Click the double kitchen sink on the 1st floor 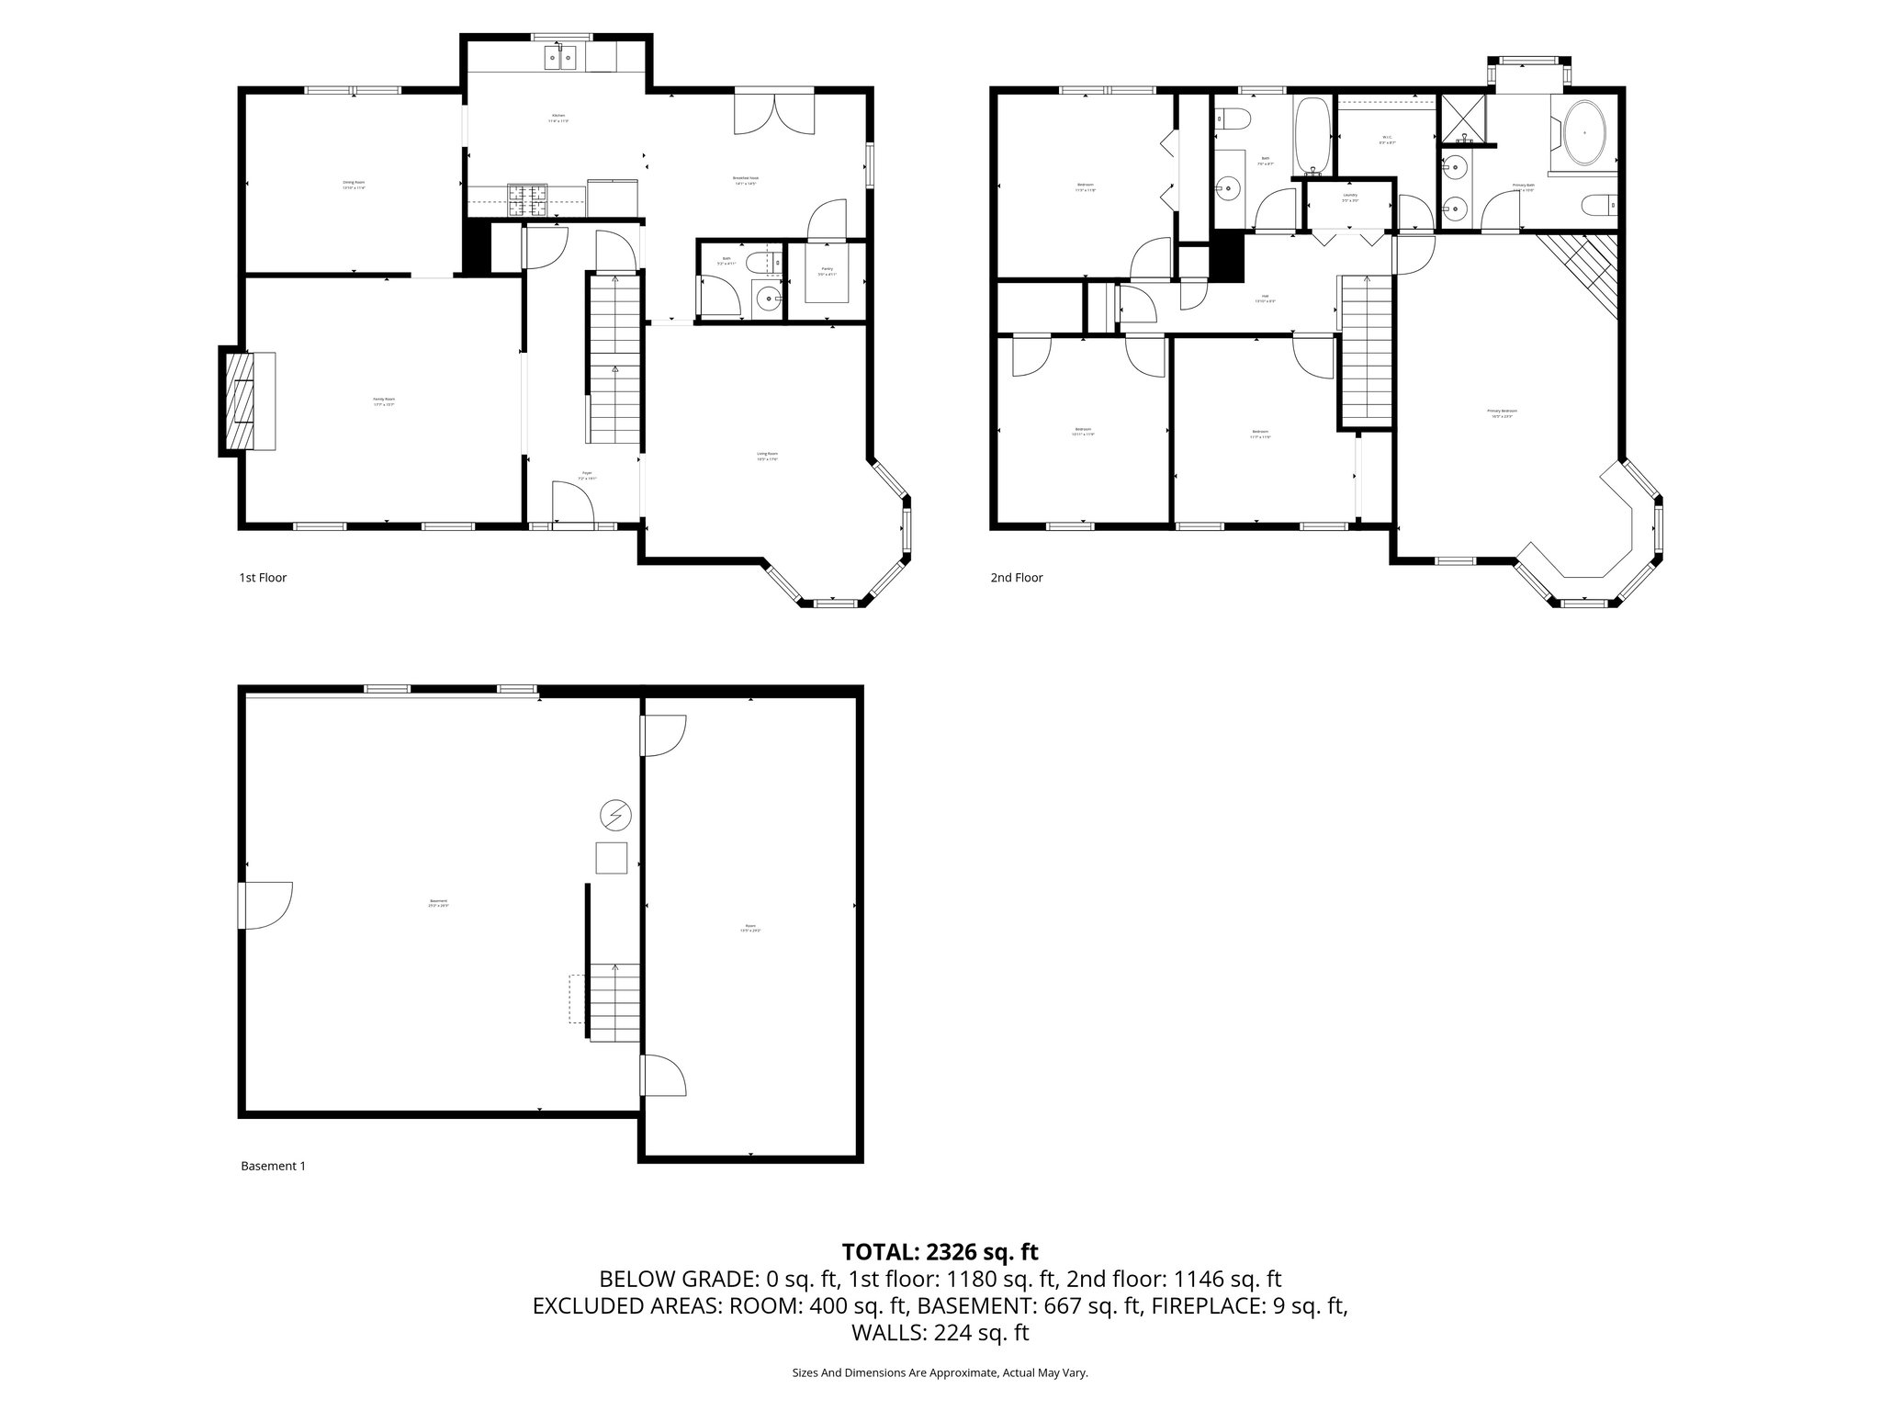click(x=561, y=59)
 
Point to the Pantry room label click(x=827, y=270)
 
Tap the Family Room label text click(x=383, y=400)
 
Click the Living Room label click(x=767, y=454)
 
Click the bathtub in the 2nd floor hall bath click(x=1312, y=137)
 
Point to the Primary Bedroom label click(x=1502, y=412)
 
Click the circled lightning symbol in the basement click(x=614, y=814)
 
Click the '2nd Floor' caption click(x=1016, y=578)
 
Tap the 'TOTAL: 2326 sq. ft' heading click(x=940, y=1251)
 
